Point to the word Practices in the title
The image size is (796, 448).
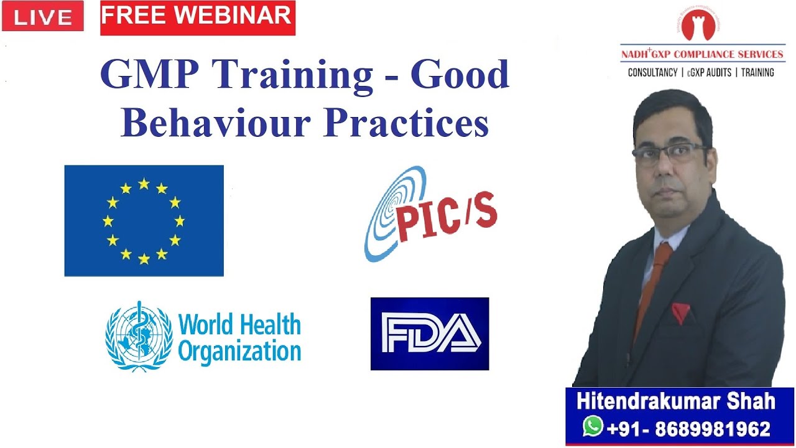click(x=406, y=122)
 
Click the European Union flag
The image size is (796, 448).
click(x=144, y=220)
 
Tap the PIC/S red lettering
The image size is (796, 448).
click(x=447, y=218)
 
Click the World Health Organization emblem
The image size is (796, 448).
click(x=138, y=336)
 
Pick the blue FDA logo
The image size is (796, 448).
click(x=429, y=334)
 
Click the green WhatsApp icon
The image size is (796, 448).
click(x=593, y=427)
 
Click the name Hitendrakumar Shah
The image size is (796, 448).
click(x=675, y=401)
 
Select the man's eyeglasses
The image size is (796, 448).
click(x=670, y=153)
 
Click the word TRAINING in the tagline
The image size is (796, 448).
click(x=757, y=73)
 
